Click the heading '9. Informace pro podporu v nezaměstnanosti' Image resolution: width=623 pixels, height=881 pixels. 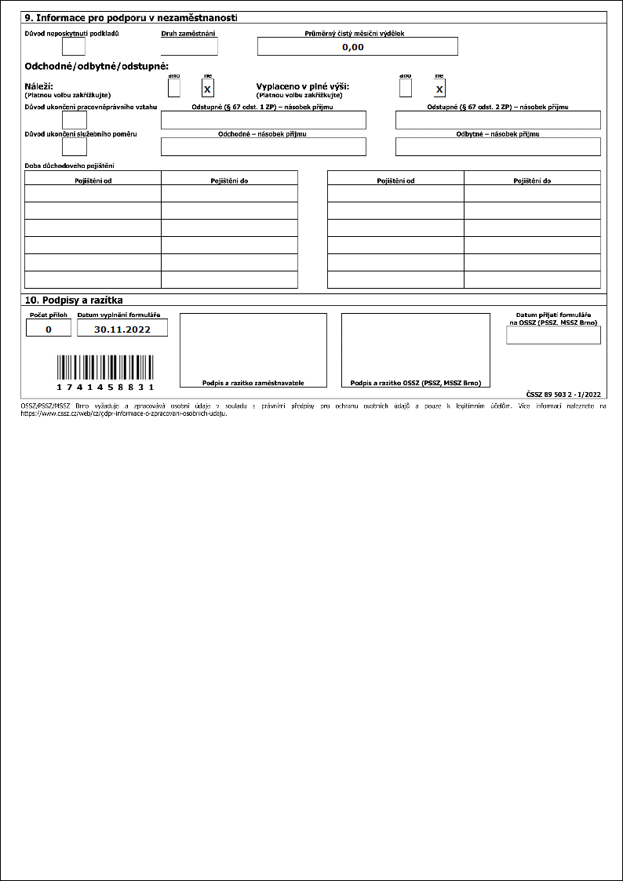click(132, 17)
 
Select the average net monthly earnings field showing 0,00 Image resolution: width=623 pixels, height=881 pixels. click(357, 47)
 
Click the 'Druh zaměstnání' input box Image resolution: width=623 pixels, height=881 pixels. click(189, 47)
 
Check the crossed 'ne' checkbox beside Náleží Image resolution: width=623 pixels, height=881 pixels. click(208, 89)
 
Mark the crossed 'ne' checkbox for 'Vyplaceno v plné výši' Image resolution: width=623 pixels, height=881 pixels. click(439, 89)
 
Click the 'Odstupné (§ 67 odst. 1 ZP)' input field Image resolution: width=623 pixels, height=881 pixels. click(263, 120)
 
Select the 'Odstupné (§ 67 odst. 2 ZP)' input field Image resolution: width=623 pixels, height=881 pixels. click(497, 120)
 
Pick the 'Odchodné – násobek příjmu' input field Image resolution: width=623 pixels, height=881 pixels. click(263, 147)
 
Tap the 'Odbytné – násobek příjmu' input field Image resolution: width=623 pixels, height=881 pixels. click(497, 147)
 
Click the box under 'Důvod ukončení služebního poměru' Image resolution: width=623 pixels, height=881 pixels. click(75, 147)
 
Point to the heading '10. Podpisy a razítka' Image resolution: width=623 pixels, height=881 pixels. click(75, 300)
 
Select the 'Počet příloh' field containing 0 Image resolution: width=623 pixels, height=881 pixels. click(48, 329)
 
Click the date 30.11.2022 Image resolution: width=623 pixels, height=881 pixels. click(122, 329)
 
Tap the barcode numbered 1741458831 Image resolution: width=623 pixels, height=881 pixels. click(105, 371)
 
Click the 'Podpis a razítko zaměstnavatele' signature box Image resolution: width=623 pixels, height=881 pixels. click(253, 350)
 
